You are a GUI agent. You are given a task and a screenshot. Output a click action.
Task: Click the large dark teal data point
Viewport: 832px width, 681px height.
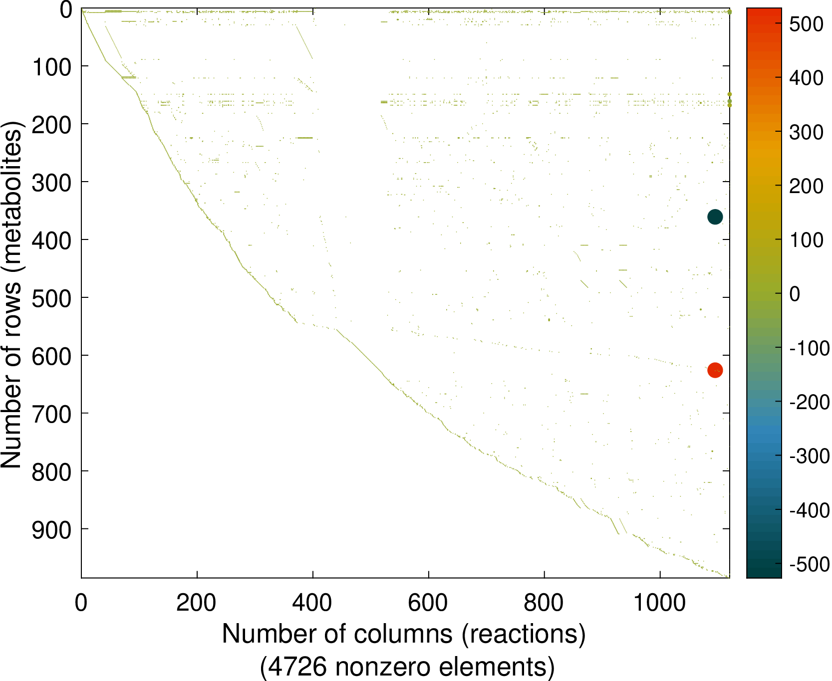point(715,217)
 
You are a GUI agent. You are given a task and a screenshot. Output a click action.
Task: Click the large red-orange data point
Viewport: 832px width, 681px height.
point(715,370)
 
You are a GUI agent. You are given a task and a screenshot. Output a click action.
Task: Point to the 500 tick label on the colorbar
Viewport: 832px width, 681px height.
point(806,24)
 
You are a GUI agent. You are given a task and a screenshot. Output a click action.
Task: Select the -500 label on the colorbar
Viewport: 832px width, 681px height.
point(809,564)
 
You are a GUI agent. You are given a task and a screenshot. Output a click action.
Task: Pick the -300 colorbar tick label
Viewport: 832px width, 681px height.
point(809,456)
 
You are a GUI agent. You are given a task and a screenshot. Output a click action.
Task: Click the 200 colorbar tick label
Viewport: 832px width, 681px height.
point(806,186)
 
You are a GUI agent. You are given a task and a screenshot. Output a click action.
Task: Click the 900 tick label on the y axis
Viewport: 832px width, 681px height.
point(52,530)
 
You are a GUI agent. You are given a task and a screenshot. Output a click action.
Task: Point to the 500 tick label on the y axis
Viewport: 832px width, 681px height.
point(52,299)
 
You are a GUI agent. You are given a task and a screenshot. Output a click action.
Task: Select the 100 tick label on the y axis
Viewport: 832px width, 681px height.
point(52,67)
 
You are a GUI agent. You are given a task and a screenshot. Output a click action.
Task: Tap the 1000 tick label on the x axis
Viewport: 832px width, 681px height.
point(659,603)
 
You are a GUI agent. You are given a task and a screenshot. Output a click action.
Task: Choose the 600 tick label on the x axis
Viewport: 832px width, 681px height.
point(428,603)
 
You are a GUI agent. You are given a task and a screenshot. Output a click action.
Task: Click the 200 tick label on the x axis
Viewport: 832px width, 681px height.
point(196,603)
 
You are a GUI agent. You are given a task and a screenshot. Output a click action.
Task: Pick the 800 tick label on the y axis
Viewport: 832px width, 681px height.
point(52,472)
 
